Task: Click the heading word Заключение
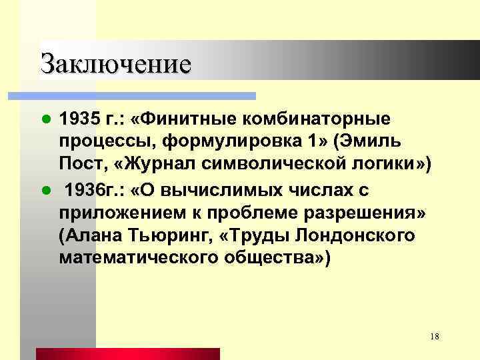tap(115, 63)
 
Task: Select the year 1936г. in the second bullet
tap(90, 191)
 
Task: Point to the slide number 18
tap(434, 337)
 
